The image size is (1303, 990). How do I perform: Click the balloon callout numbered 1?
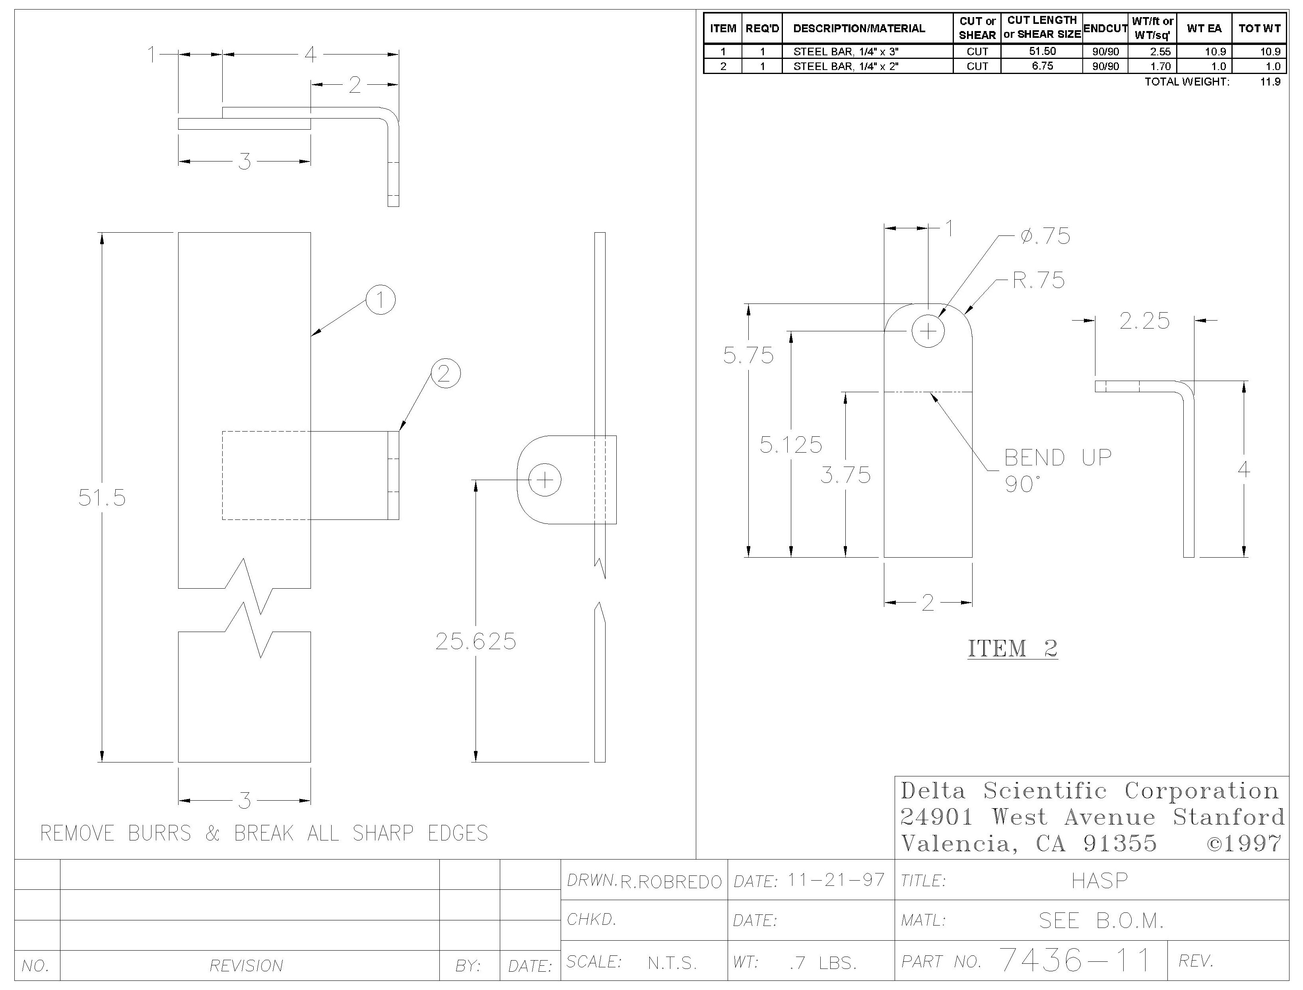[x=381, y=300]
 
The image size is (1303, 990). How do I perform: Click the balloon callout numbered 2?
[x=445, y=373]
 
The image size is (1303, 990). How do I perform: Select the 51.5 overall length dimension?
[x=102, y=498]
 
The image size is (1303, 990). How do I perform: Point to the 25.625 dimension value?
[x=476, y=641]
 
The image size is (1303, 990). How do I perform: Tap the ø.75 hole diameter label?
[x=1045, y=236]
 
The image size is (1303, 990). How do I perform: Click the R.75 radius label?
[x=1039, y=280]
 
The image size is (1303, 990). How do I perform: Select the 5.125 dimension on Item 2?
[x=790, y=444]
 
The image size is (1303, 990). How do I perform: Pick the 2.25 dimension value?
[x=1144, y=321]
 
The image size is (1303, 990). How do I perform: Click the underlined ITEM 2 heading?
[x=1013, y=649]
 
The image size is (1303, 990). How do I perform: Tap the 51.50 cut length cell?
[x=1042, y=51]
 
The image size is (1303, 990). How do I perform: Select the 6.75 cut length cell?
[x=1042, y=66]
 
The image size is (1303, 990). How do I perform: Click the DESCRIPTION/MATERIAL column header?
[x=859, y=28]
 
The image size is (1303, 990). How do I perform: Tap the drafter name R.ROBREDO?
[x=671, y=881]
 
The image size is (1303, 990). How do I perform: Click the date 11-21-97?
[x=836, y=880]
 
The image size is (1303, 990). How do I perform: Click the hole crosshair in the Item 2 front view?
[x=928, y=331]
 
